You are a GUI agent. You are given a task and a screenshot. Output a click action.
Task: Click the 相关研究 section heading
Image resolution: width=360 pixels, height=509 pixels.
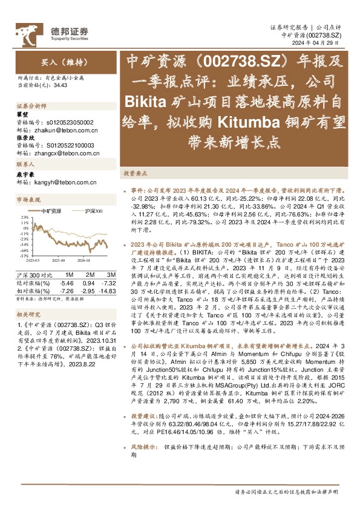pyautogui.click(x=28, y=314)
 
